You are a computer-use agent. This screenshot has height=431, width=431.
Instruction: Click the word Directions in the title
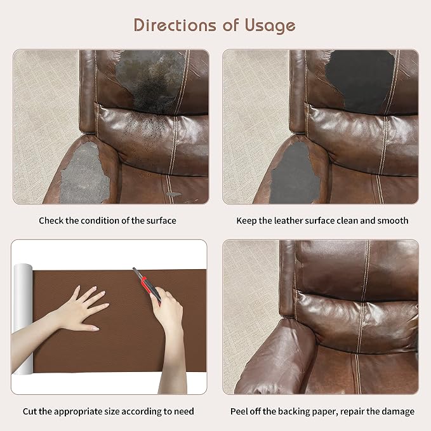[175, 25]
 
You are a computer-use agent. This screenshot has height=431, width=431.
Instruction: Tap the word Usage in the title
[270, 26]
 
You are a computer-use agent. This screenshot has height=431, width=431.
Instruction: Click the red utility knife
[147, 286]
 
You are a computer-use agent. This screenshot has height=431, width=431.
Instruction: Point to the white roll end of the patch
[23, 319]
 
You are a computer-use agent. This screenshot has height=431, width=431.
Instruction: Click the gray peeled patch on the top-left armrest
[84, 173]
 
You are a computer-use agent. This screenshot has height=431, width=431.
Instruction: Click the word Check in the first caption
[51, 220]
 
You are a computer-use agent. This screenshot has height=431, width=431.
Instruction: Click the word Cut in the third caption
[30, 411]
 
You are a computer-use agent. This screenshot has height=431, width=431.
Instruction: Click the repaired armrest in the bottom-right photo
[275, 357]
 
